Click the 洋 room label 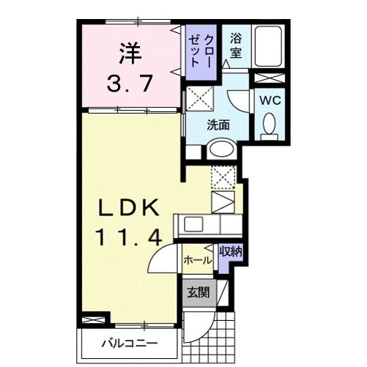coord(130,53)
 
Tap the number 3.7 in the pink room coord(129,83)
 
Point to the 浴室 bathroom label coord(236,45)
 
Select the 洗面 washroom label coord(218,125)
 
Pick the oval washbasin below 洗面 coord(219,149)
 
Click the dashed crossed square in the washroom coord(196,97)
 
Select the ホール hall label coord(198,259)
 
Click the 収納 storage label coord(231,251)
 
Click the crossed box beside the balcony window coord(92,320)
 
